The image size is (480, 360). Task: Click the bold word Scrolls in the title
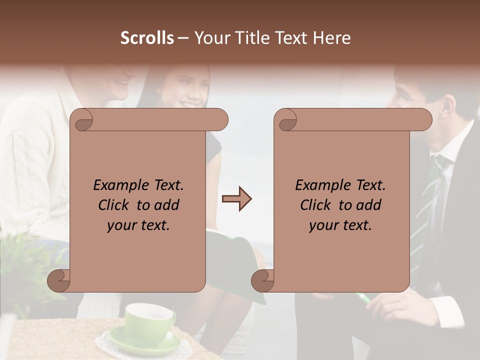coord(147,38)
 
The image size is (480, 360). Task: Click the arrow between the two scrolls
coord(236,199)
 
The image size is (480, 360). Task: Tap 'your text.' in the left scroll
coord(138,225)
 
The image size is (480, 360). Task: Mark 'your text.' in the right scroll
coord(340,225)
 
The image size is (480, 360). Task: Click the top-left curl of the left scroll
coord(83,120)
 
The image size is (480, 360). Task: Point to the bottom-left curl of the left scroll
coord(59,280)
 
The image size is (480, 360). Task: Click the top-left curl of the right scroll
coord(287,120)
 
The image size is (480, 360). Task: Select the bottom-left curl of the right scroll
coord(262,280)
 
